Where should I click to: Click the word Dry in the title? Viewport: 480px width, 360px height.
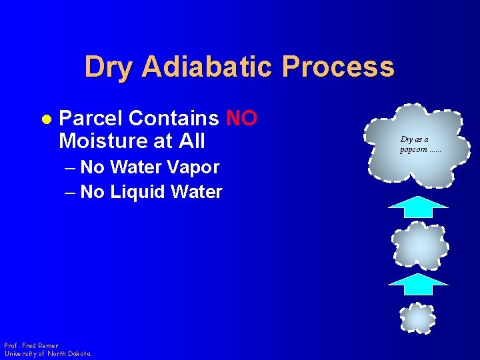[x=110, y=67]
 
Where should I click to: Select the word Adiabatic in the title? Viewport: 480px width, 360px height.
[x=209, y=67]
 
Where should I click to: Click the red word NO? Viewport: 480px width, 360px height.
[x=241, y=119]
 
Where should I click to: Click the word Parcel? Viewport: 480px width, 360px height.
[x=91, y=119]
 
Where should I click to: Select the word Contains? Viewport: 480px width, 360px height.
[x=173, y=119]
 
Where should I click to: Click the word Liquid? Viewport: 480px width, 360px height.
[x=138, y=192]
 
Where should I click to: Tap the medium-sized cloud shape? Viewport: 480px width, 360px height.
[x=419, y=245]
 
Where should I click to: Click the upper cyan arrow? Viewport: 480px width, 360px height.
[x=418, y=207]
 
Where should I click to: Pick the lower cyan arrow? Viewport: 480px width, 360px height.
[x=418, y=284]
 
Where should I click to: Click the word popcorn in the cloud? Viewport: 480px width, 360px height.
[x=413, y=149]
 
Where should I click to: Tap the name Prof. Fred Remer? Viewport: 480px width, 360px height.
[x=31, y=345]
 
